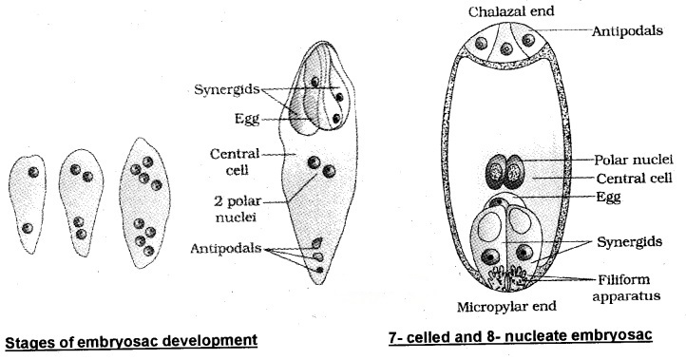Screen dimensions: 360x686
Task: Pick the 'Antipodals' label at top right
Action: [630, 30]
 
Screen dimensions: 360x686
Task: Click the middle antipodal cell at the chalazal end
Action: [511, 45]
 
